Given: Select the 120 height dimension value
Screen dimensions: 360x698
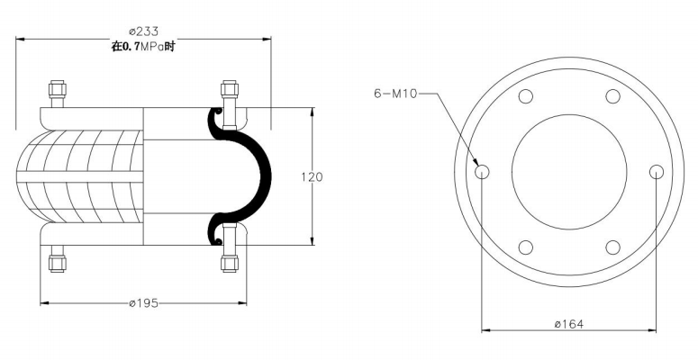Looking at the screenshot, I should pyautogui.click(x=312, y=176).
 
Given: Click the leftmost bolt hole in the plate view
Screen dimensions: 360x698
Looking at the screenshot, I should pyautogui.click(x=483, y=171).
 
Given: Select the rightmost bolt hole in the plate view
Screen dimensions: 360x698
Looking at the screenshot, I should pyautogui.click(x=656, y=171).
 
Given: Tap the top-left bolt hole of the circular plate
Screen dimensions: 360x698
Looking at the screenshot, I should pyautogui.click(x=526, y=96).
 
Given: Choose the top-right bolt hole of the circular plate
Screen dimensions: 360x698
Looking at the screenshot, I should pyautogui.click(x=612, y=96).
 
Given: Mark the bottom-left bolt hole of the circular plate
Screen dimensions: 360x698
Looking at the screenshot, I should pyautogui.click(x=526, y=246).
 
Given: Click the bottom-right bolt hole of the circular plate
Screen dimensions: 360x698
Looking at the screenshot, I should pyautogui.click(x=612, y=246).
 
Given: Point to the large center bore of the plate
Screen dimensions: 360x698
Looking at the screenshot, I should pyautogui.click(x=569, y=171).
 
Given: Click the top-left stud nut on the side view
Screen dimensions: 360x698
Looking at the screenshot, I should pyautogui.click(x=57, y=90).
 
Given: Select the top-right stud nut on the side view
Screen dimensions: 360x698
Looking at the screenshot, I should pyautogui.click(x=230, y=90).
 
